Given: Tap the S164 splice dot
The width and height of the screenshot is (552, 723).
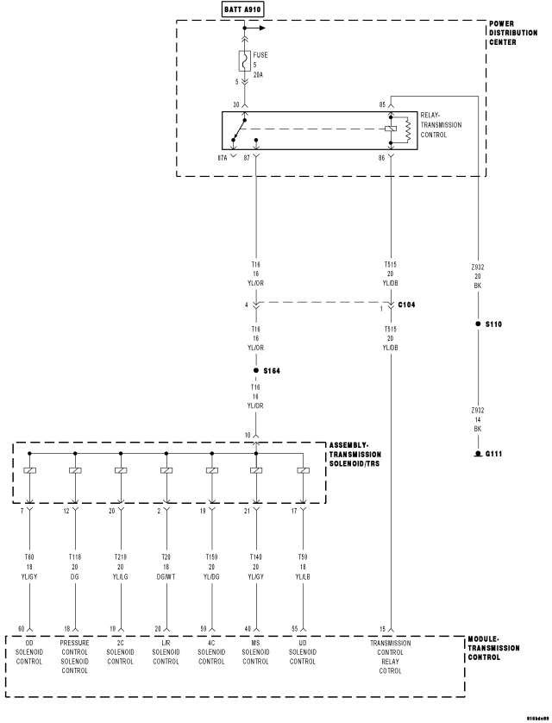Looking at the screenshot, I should [256, 370].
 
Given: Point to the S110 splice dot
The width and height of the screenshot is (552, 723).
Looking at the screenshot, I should [478, 324].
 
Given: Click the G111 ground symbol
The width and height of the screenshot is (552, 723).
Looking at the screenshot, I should [478, 453].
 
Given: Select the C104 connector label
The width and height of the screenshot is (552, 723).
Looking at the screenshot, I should [408, 305].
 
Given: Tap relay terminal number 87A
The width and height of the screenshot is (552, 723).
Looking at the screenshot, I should [223, 158].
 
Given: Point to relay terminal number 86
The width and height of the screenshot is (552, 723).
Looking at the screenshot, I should [381, 158].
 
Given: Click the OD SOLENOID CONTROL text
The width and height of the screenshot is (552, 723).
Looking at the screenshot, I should [30, 652].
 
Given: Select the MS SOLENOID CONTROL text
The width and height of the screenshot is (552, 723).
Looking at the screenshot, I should [256, 652].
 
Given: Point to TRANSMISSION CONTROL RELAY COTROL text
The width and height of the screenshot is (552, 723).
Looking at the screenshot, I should [391, 657].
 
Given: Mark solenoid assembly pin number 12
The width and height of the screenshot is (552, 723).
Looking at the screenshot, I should [66, 510].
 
